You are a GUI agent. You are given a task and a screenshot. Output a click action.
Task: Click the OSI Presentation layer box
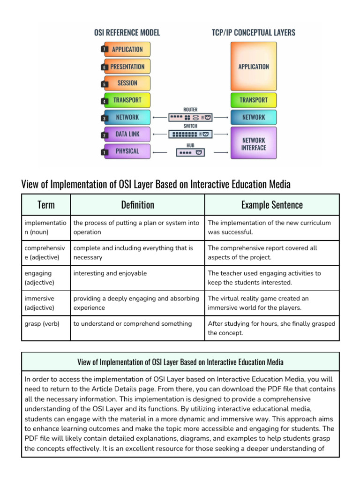point(127,66)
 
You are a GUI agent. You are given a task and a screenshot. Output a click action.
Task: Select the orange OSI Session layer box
point(127,83)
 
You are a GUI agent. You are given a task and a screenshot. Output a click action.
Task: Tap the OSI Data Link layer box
point(127,134)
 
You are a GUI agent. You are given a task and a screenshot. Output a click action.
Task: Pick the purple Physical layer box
point(127,151)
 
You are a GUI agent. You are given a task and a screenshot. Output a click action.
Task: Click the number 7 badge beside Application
point(104,49)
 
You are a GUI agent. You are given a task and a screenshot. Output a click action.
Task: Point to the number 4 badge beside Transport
point(104,101)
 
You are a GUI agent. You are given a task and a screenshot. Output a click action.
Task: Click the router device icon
point(190,117)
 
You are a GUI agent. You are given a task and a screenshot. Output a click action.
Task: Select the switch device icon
point(190,134)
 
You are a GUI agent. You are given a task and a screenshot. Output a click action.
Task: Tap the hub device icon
point(190,152)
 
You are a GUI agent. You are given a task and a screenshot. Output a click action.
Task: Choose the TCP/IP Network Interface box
point(254,143)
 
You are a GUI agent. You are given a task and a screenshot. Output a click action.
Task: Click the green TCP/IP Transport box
point(254,100)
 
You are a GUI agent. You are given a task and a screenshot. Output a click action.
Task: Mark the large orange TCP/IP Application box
point(254,67)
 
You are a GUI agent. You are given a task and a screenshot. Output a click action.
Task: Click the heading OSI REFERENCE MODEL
point(127,32)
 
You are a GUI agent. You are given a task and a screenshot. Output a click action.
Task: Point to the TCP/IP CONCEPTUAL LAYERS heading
point(253,32)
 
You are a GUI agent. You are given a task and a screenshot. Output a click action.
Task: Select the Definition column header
point(137,205)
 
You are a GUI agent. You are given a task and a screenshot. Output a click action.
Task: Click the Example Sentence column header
point(272,205)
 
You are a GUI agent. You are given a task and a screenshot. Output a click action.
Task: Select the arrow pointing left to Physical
point(160,152)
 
